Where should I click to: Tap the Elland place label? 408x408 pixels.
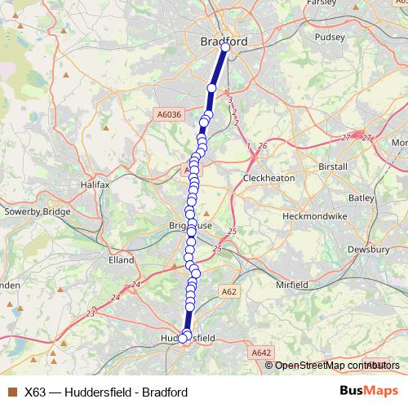pyautogui.click(x=121, y=260)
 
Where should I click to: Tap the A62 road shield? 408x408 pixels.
pyautogui.click(x=228, y=290)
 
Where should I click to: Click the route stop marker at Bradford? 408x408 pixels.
pyautogui.click(x=225, y=47)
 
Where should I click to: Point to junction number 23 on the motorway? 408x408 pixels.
pyautogui.click(x=91, y=313)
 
